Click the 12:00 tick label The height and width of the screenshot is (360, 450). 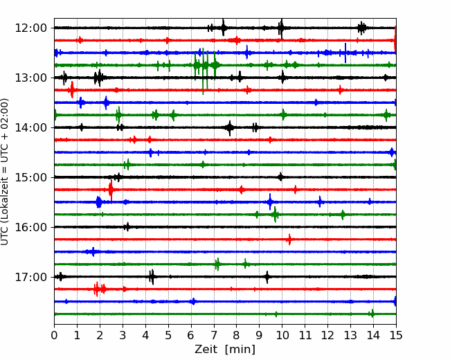pos(31,28)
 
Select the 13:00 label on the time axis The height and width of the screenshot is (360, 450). pos(31,78)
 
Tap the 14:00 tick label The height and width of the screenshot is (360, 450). pos(31,127)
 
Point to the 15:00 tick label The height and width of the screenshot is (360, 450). pos(31,177)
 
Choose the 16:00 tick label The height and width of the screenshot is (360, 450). pos(31,227)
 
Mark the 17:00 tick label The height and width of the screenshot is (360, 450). pos(31,277)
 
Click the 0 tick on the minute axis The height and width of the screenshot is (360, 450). pos(54,335)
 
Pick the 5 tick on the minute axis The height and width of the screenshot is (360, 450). pos(168,335)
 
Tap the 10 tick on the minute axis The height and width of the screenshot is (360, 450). pos(282,335)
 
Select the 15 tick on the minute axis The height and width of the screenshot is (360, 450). pos(396,335)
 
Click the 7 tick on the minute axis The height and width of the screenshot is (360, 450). pos(214,335)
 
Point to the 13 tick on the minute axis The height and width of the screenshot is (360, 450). pos(350,335)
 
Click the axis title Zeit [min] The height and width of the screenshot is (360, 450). pos(225,350)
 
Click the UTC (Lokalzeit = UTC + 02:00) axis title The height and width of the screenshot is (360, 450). pos(5,172)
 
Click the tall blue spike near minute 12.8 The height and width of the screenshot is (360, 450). pos(345,53)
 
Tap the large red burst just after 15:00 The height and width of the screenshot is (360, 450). pos(111,190)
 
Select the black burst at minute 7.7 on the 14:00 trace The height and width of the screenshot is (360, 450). pos(229,128)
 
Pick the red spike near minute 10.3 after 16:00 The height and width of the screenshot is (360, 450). pos(289,240)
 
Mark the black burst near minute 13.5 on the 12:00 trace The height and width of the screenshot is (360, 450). pos(361,28)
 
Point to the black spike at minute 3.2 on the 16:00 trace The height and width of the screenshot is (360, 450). pos(127,227)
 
